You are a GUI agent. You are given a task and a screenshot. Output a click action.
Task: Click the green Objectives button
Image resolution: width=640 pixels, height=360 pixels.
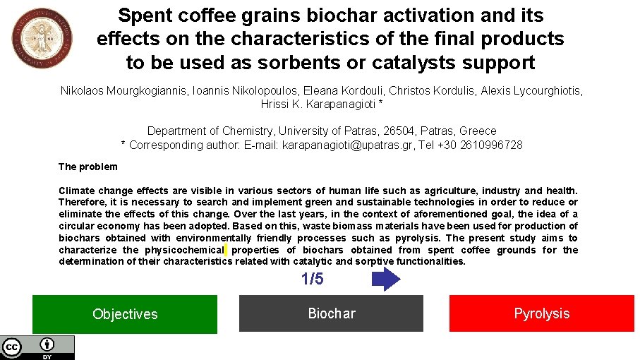click(124, 314)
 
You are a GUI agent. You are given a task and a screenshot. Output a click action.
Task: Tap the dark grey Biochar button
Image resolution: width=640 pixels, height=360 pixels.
click(331, 313)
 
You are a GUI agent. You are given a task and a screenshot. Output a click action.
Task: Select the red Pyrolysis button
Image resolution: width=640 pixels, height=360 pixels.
click(541, 313)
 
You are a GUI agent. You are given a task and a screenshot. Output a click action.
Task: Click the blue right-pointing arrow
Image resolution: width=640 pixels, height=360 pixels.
click(385, 279)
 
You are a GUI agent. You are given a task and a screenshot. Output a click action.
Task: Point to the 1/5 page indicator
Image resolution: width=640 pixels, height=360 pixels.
click(312, 279)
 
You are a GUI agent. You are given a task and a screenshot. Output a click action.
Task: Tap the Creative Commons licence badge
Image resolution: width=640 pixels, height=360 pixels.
click(37, 347)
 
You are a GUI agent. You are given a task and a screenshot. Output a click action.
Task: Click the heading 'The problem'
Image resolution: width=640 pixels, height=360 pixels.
click(87, 167)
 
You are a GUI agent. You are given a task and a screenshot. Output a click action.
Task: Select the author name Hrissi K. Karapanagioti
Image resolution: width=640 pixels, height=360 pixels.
click(318, 104)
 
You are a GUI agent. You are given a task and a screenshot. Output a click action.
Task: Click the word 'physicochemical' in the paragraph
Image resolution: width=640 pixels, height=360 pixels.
click(185, 250)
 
